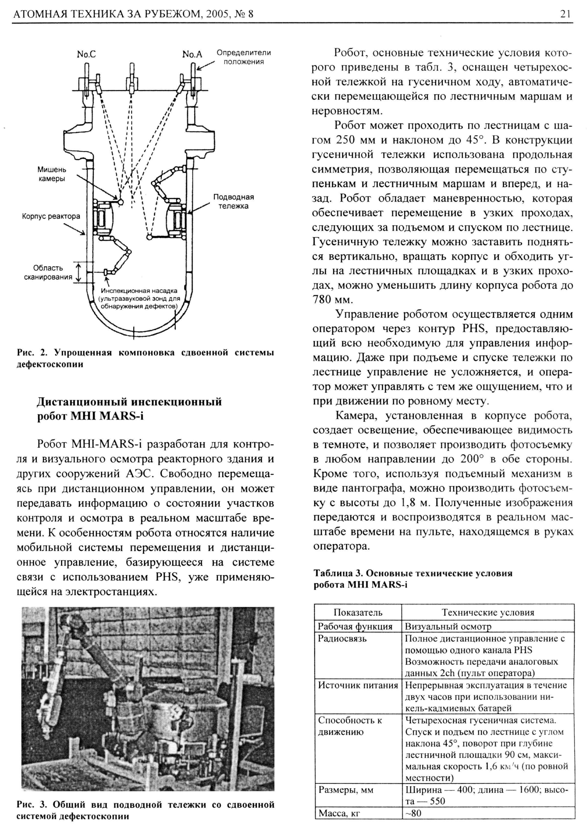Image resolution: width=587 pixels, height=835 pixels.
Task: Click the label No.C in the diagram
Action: [86, 55]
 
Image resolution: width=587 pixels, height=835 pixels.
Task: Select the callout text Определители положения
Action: [243, 57]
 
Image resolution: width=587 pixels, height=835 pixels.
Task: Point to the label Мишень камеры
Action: [52, 174]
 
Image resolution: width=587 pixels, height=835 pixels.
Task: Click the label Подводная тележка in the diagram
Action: [233, 201]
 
